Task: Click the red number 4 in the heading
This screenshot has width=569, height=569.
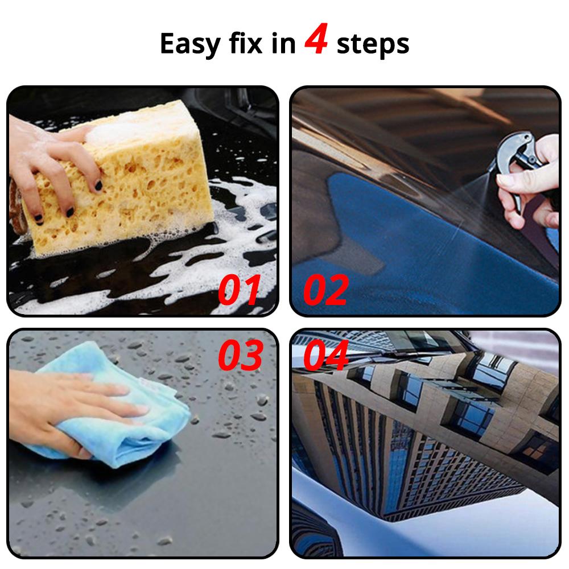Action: coord(316,39)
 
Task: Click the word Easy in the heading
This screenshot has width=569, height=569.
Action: coord(190,44)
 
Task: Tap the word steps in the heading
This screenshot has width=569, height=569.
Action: coord(373,44)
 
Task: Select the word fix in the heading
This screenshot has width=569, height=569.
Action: coord(245,43)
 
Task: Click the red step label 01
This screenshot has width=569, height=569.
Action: coord(240,290)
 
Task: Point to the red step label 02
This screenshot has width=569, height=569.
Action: coord(326,290)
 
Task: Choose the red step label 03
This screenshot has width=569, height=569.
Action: coord(240,355)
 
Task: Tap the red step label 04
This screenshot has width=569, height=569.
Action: coord(326,355)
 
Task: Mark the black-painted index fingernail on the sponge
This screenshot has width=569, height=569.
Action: coord(98,185)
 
